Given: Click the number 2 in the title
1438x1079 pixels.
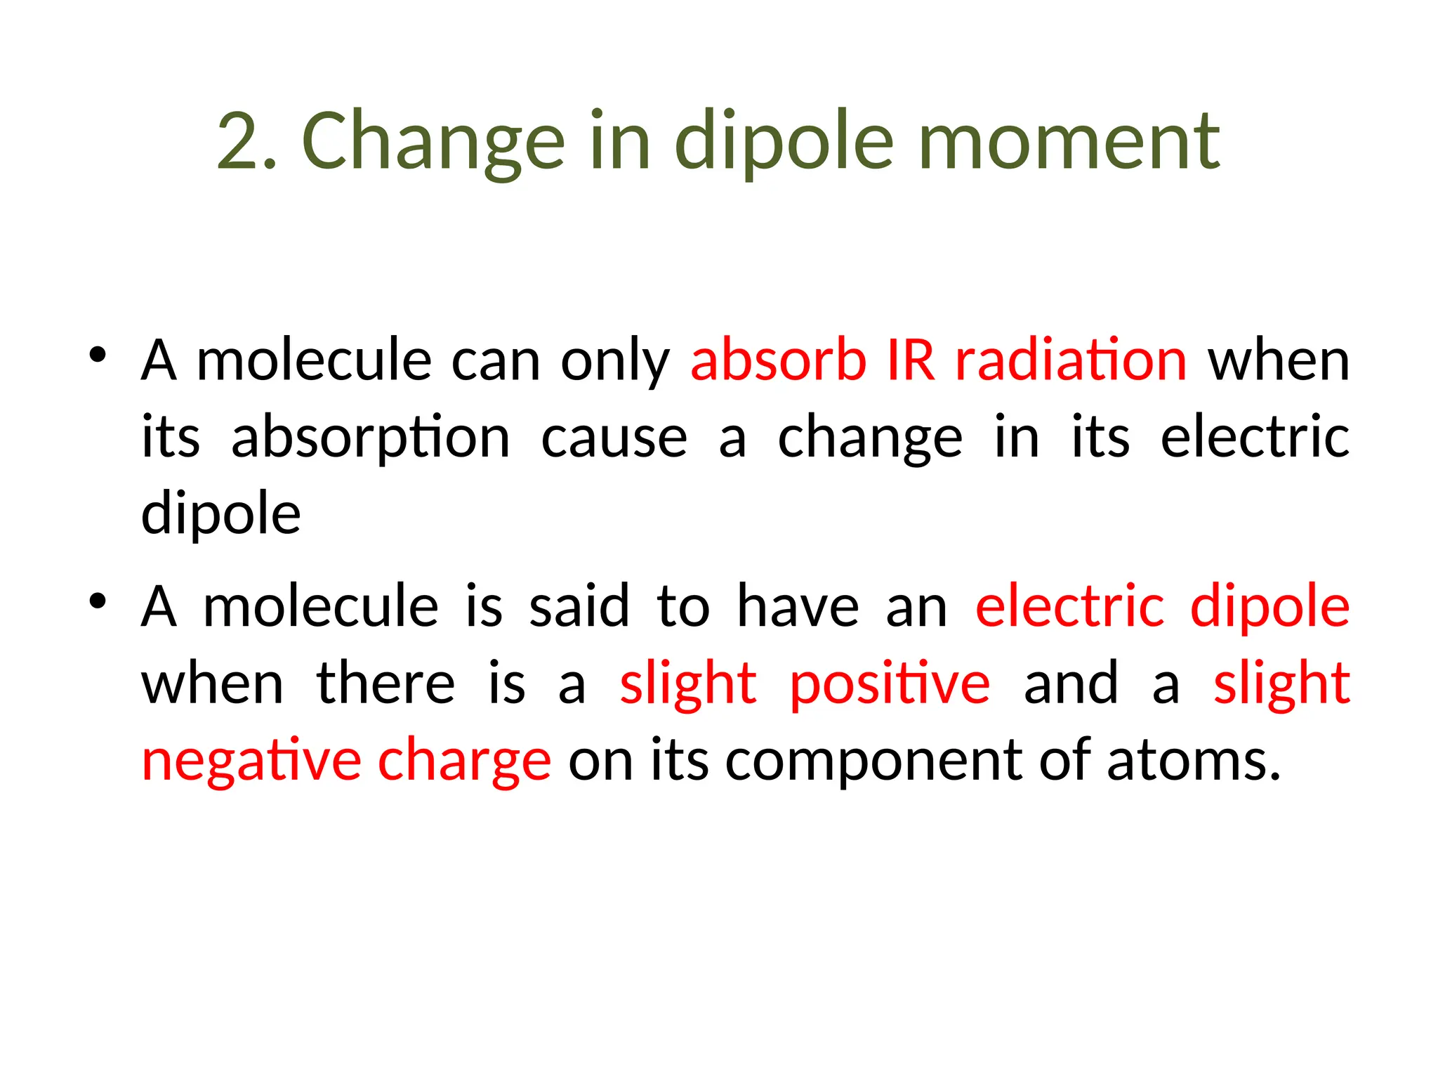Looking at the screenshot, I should pyautogui.click(x=238, y=142).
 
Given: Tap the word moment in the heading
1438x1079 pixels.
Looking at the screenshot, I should pyautogui.click(x=1069, y=142).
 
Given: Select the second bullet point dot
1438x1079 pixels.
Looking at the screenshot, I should pyautogui.click(x=98, y=601).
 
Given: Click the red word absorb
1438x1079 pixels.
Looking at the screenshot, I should pyautogui.click(x=778, y=360).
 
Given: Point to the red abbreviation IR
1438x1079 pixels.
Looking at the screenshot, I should pyautogui.click(x=911, y=360).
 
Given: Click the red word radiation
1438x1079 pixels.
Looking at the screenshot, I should pyautogui.click(x=1071, y=360).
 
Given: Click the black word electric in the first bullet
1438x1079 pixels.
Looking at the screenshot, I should pyautogui.click(x=1255, y=438).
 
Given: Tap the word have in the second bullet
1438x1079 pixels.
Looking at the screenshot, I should pyautogui.click(x=798, y=607).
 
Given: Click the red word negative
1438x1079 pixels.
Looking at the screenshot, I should pyautogui.click(x=251, y=761).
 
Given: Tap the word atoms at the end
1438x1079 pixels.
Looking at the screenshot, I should pyautogui.click(x=1193, y=761).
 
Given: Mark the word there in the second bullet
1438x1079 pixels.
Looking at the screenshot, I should pyautogui.click(x=386, y=684).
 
